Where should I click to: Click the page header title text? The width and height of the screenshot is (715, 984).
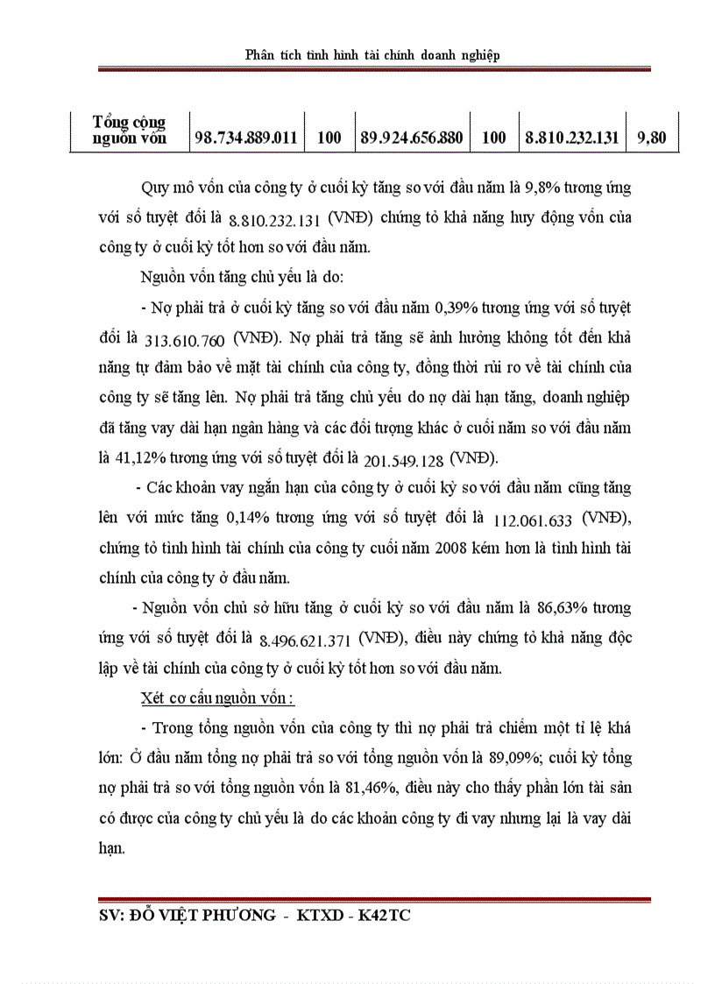(x=373, y=55)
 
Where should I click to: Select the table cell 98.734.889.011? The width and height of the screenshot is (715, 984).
(x=246, y=138)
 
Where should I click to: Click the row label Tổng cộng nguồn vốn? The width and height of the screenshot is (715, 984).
(x=130, y=130)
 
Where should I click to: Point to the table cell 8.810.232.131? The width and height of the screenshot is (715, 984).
(x=572, y=138)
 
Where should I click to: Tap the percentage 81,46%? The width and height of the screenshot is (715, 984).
(x=366, y=786)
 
